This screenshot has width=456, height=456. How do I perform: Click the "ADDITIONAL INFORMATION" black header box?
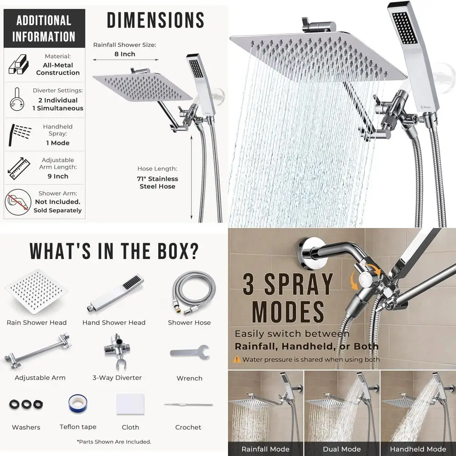tap(44, 28)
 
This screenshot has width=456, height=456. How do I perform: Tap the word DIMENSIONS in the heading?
tap(155, 21)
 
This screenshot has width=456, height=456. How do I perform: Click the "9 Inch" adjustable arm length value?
tap(58, 176)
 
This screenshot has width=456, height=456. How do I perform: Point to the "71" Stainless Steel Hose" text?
tap(157, 182)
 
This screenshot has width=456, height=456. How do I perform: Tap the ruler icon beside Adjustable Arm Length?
tap(16, 168)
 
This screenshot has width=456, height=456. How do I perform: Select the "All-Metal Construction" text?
tap(58, 69)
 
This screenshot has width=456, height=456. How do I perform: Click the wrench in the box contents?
tap(190, 352)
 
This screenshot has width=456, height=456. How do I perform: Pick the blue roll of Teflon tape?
tap(78, 404)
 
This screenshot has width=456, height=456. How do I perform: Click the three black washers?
tap(26, 404)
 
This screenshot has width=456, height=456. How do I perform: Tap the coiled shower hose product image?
tap(190, 292)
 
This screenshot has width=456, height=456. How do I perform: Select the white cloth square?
tap(130, 404)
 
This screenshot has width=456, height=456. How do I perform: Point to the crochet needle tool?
tap(188, 404)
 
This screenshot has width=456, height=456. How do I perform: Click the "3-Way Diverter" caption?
tap(117, 378)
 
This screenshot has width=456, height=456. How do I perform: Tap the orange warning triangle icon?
tap(237, 359)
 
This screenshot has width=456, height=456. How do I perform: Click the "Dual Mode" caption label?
tap(342, 449)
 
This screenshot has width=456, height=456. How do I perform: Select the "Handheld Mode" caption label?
tap(418, 449)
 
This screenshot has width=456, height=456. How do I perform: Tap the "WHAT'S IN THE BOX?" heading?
tap(114, 251)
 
